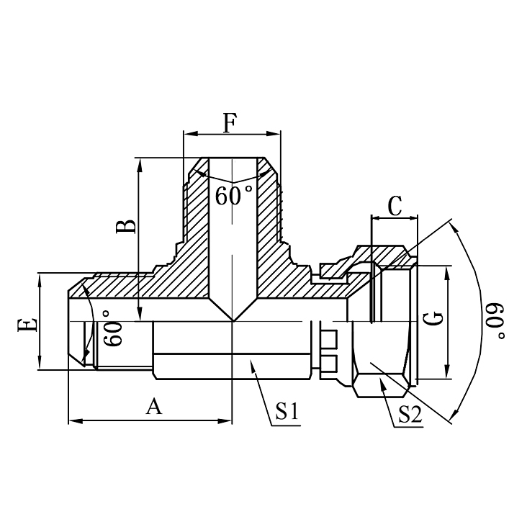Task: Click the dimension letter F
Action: coord(230,123)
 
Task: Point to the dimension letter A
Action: coord(153,407)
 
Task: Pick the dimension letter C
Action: coord(395,206)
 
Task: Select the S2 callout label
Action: coord(407,413)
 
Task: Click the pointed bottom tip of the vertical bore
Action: coord(232,320)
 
